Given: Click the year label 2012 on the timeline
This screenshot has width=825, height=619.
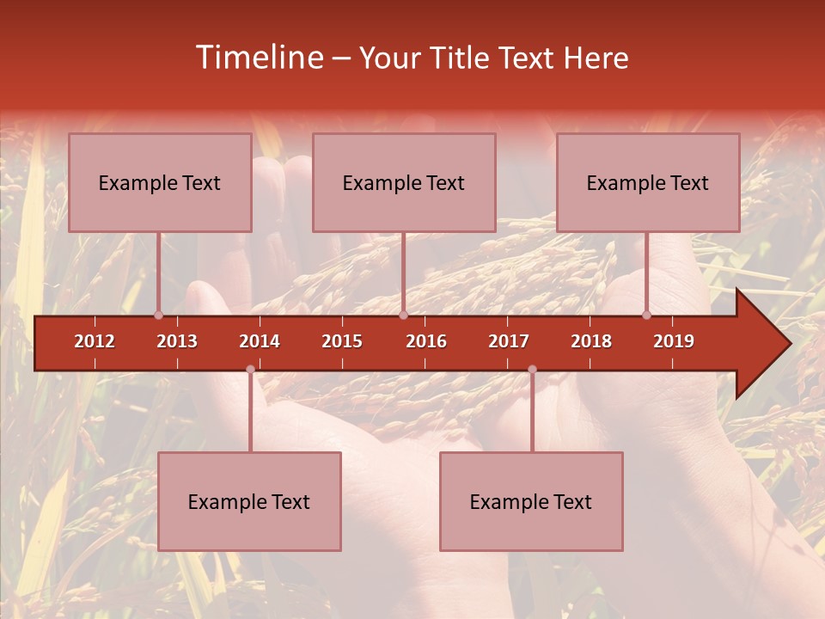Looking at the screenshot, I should (x=95, y=341).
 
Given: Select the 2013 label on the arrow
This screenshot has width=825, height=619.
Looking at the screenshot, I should (x=177, y=341).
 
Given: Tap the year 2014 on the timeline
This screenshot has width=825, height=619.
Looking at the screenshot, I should (x=260, y=341).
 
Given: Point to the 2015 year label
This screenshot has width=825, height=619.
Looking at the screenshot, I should (x=342, y=341).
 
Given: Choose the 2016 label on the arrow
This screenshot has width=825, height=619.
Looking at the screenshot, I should (x=426, y=341).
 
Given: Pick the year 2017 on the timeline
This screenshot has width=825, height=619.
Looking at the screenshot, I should (x=509, y=341).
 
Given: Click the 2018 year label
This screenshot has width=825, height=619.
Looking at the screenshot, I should (x=591, y=341).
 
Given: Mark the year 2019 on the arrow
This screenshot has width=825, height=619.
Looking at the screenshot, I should (x=674, y=341).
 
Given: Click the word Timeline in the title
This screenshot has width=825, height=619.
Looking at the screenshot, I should (x=258, y=58).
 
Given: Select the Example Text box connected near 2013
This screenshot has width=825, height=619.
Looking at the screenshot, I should (x=160, y=182).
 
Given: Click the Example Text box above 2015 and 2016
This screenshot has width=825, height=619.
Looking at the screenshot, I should (x=404, y=182).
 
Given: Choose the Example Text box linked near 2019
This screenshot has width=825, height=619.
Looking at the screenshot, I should (x=648, y=182).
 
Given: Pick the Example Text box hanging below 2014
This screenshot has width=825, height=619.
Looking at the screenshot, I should (x=249, y=501).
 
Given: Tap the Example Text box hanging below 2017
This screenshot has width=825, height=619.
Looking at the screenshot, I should (x=531, y=501).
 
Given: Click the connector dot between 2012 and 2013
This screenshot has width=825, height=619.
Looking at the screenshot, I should (x=158, y=315).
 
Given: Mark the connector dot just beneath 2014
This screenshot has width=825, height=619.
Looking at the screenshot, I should (x=250, y=370).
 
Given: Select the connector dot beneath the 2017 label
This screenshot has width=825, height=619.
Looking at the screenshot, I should (x=532, y=370).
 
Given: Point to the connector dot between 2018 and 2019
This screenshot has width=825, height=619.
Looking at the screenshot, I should (x=646, y=315).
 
